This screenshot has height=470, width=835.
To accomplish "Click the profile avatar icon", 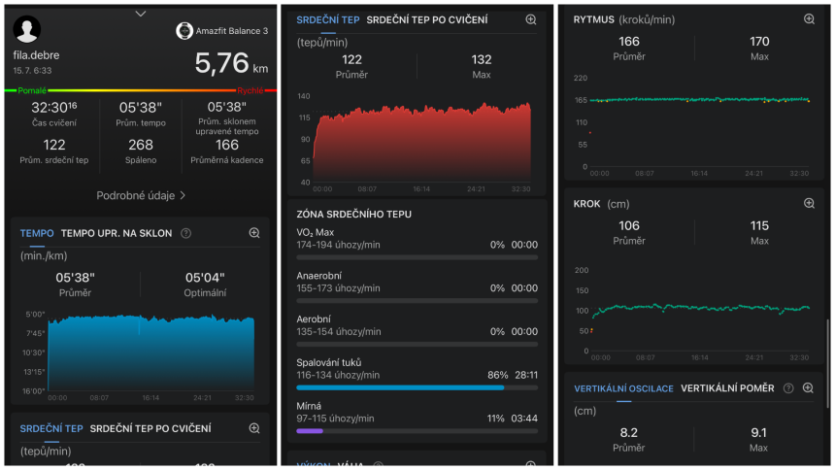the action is pos(26,29).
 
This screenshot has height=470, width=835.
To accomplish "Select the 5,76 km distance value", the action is pos(231,63).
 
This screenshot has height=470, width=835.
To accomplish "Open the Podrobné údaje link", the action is pos(141,195).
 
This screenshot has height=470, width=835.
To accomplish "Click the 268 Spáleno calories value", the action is pos(141,145).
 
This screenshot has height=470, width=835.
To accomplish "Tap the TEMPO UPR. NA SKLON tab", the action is pos(117,233).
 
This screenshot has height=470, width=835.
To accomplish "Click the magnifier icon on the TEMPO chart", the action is pos(254,233).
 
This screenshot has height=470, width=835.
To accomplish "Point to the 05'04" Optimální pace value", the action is pos(205,278).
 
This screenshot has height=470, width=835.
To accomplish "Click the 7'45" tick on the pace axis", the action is pos(35,334).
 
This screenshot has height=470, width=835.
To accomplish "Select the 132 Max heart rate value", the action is pos(482,59).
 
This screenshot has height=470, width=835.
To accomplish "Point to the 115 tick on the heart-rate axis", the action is pos(304,117).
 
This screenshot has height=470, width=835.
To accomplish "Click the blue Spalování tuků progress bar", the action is pos(400,387).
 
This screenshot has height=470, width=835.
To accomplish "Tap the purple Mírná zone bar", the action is pos(310,431).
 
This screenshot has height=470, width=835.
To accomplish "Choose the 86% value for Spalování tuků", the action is pos(497,375).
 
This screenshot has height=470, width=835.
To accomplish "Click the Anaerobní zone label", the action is pos(319,276).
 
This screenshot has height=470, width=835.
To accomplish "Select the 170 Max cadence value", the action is pos(759,42).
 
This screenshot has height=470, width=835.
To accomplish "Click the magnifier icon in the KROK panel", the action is pos(809,203).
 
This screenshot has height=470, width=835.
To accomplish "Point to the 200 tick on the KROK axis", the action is pos(582,270).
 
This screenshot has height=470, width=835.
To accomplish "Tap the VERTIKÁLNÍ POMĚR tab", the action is pos(727,388).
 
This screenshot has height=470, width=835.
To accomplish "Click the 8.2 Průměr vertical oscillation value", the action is pos(629,433).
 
